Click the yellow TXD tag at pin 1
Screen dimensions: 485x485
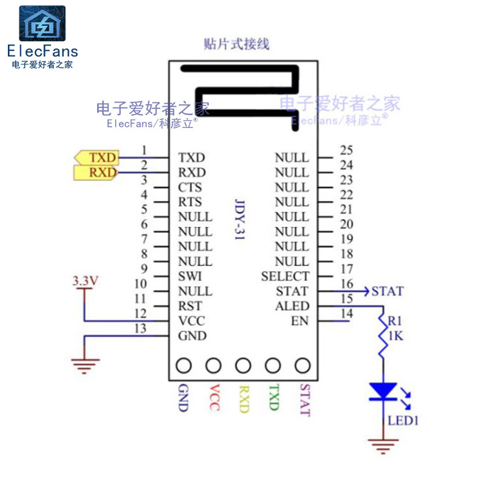97,158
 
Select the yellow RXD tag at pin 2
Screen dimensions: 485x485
97,173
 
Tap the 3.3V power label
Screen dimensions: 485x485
85,281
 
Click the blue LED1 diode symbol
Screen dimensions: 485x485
383,392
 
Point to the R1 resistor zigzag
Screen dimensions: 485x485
383,337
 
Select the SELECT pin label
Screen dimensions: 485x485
285,276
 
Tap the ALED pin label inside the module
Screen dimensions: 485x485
292,306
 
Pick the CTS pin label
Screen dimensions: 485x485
190,187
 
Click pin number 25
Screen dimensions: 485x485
346,150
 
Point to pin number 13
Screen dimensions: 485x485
141,329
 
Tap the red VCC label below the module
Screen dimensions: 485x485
213,398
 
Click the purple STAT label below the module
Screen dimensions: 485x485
304,400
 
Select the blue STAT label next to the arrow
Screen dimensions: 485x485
387,291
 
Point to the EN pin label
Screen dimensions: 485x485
299,321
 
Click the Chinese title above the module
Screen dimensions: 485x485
236,44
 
